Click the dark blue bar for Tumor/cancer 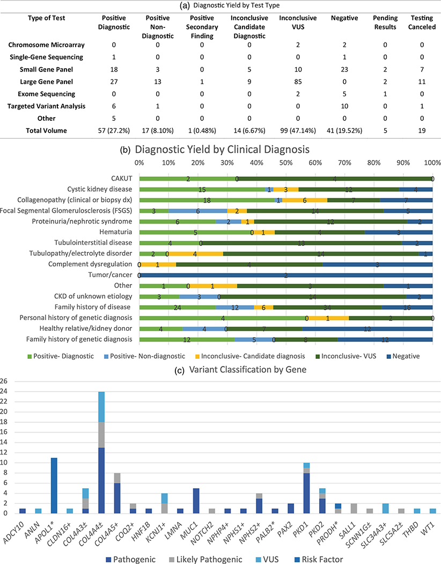pyautogui.click(x=286, y=275)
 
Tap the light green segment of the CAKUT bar pyautogui.click(x=188, y=179)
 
